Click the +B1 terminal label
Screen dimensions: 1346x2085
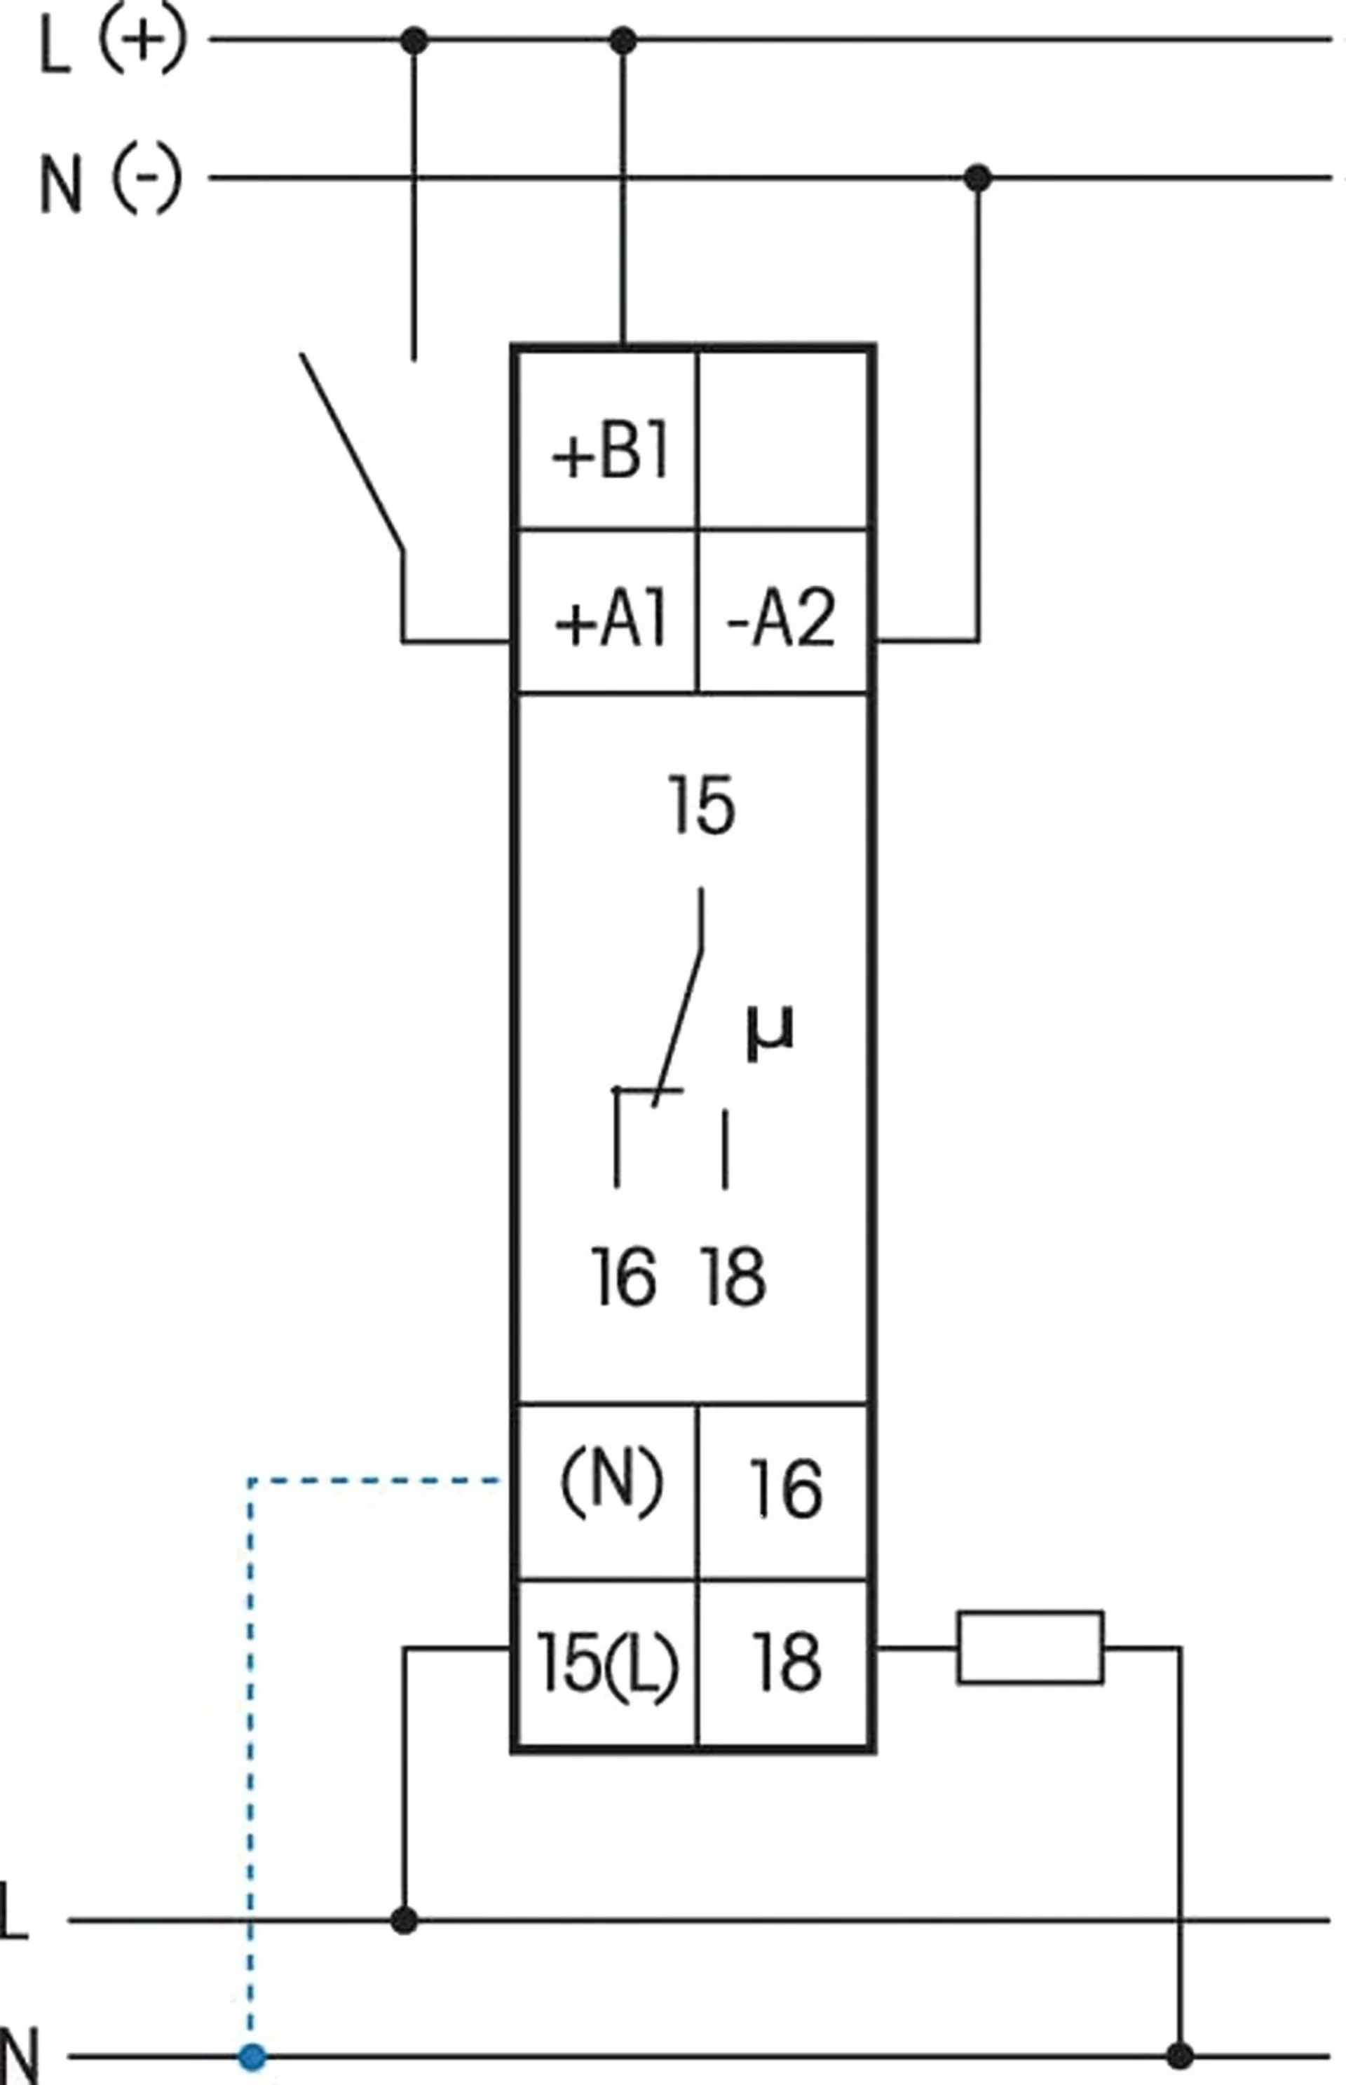[610, 454]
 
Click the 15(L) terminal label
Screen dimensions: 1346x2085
[607, 1662]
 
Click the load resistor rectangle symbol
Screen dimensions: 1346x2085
[1031, 1648]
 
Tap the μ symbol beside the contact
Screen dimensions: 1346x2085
[770, 1035]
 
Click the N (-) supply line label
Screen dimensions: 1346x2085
[110, 181]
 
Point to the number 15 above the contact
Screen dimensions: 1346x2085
[701, 805]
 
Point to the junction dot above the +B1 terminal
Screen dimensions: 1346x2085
[623, 40]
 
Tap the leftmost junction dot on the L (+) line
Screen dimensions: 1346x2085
[414, 40]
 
